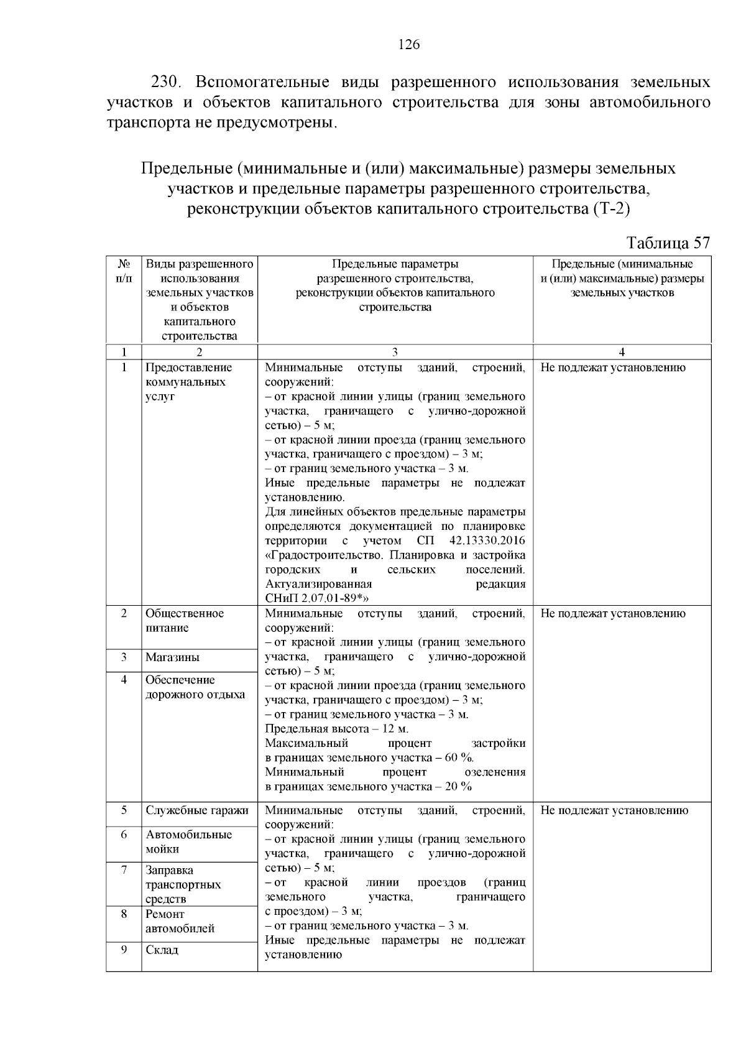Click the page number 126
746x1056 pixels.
(x=409, y=44)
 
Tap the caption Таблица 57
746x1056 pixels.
(x=668, y=243)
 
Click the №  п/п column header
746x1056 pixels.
(x=124, y=271)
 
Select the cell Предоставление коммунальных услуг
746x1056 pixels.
(x=188, y=381)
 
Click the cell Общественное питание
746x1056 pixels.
(x=185, y=620)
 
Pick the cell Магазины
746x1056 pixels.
(x=172, y=657)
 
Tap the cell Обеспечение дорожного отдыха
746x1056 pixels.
(x=195, y=687)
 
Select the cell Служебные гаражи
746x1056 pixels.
(x=196, y=810)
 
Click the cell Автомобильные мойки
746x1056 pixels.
(x=188, y=841)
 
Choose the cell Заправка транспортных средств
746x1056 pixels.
(x=183, y=884)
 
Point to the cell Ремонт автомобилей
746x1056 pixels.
(x=180, y=921)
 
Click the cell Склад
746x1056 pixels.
(x=162, y=950)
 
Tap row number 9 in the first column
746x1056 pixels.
(x=124, y=949)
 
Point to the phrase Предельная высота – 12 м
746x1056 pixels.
(x=336, y=729)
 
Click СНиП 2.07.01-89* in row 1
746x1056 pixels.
(x=317, y=598)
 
